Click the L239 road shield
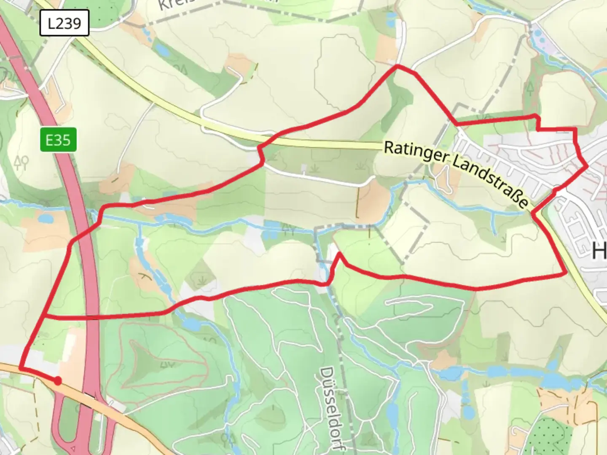coord(64,23)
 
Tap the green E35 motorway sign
coord(58,139)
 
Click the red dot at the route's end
coord(58,381)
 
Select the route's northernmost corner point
coord(397,66)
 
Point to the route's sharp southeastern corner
coord(565,274)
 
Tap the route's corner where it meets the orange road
coord(20,369)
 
